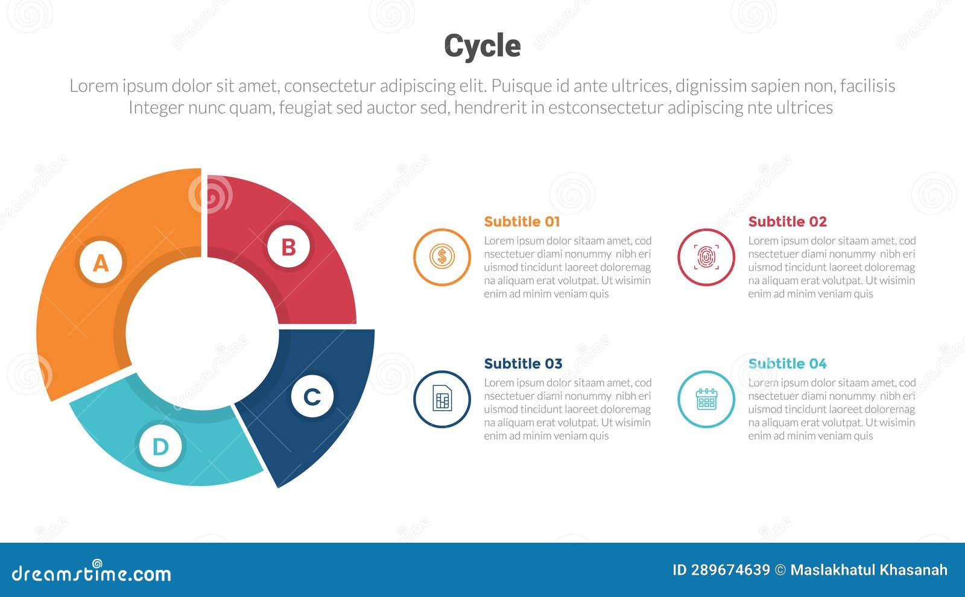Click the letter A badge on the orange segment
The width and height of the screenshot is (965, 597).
[101, 263]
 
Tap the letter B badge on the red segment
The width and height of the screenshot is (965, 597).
[289, 247]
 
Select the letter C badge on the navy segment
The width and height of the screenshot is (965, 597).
[312, 397]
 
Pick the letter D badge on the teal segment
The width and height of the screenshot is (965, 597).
[160, 447]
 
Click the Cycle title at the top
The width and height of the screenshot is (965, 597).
[482, 46]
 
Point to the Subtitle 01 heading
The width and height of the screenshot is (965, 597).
[522, 222]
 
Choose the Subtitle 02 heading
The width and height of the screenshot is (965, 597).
[787, 222]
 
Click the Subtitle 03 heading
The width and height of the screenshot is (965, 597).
[523, 364]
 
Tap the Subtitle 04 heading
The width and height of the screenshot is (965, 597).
[787, 364]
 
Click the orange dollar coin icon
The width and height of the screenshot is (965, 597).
[442, 257]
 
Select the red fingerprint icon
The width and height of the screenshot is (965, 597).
[706, 257]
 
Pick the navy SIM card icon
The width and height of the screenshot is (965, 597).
[442, 399]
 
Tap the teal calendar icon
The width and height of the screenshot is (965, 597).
[706, 399]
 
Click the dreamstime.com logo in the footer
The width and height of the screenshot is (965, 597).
[92, 573]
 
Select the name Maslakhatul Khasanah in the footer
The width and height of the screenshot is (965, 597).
[868, 570]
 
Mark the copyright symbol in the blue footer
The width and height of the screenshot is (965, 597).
[780, 570]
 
